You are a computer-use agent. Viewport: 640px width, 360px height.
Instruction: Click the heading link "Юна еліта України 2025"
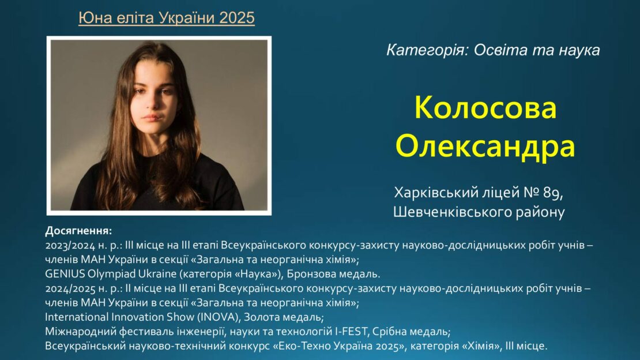[x=167, y=18]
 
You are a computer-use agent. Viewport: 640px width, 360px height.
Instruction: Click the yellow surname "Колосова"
[x=485, y=108]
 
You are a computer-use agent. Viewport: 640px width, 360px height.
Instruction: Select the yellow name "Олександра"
[x=485, y=147]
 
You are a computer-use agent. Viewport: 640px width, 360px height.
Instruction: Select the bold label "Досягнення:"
[x=78, y=231]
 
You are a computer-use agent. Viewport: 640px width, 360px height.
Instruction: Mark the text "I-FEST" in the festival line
[x=351, y=331]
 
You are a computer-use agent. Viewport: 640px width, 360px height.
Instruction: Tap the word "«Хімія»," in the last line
[x=482, y=346]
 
